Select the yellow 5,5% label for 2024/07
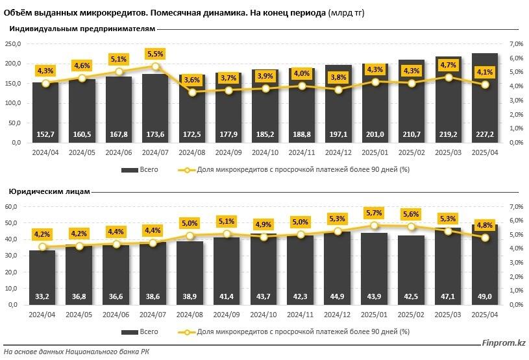[x=156, y=54]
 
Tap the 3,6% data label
[x=192, y=80]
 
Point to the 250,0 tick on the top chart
[x=13, y=43]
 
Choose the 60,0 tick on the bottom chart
[x=14, y=207]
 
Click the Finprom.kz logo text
[x=502, y=344]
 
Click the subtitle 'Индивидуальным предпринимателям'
[x=82, y=29]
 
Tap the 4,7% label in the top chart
[x=449, y=65]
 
